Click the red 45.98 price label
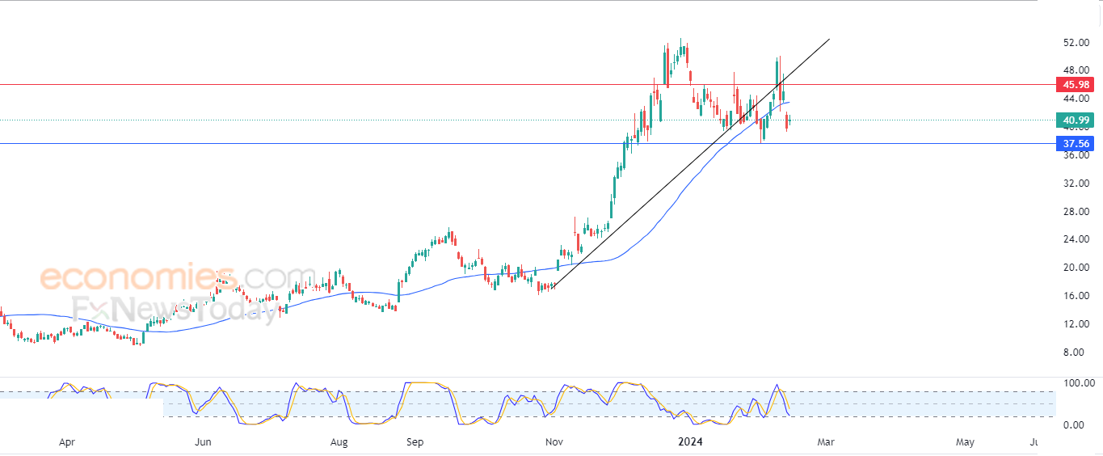[x=1075, y=85]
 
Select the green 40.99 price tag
[x=1075, y=120]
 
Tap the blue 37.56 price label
[x=1075, y=144]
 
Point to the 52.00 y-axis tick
[x=1076, y=43]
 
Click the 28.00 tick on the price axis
[x=1076, y=212]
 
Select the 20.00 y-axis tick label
[x=1076, y=268]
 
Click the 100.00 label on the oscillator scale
[x=1079, y=383]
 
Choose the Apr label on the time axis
[x=67, y=442]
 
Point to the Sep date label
[x=415, y=442]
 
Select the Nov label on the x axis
[x=554, y=442]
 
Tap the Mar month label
[x=826, y=442]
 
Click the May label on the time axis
[x=965, y=442]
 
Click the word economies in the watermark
[x=139, y=277]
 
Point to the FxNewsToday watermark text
[x=175, y=310]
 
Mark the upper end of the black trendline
[x=830, y=39]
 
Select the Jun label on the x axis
[x=203, y=442]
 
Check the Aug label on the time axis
[x=339, y=442]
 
